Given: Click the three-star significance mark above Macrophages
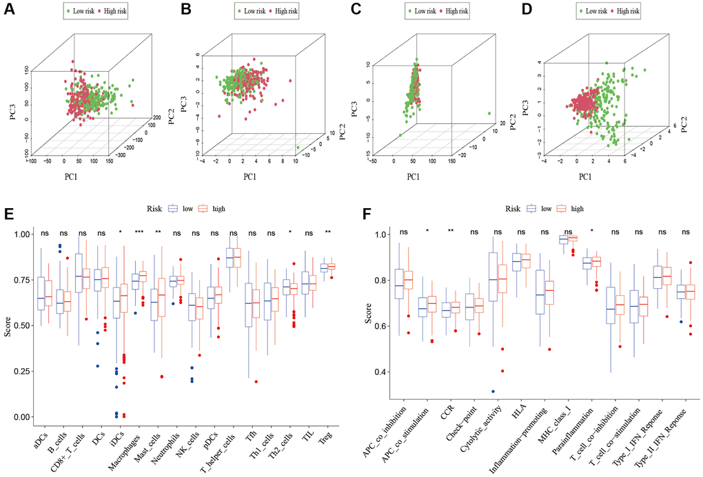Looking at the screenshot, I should (139, 232).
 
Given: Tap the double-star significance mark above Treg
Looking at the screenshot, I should (327, 232).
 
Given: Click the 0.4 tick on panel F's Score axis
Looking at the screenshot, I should (377, 372).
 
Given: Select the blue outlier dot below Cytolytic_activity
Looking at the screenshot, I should (493, 392).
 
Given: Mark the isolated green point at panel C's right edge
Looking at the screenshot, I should (488, 114).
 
